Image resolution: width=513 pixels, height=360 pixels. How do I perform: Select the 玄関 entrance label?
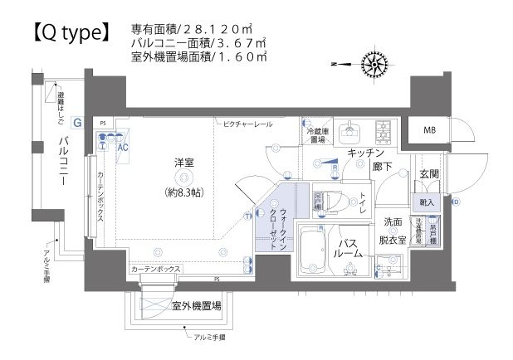pyautogui.click(x=429, y=174)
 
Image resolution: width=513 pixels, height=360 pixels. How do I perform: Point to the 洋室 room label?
pyautogui.click(x=183, y=163)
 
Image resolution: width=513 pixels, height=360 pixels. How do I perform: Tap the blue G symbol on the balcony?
pyautogui.click(x=76, y=122)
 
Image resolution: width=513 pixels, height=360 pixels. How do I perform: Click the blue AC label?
pyautogui.click(x=123, y=147)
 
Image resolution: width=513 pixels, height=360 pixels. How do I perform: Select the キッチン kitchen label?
pyautogui.click(x=366, y=153)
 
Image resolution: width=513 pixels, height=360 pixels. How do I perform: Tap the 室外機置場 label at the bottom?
pyautogui.click(x=197, y=306)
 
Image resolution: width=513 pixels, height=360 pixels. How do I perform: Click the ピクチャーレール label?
pyautogui.click(x=247, y=124)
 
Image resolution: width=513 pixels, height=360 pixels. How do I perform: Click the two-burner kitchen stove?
pyautogui.click(x=385, y=129)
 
